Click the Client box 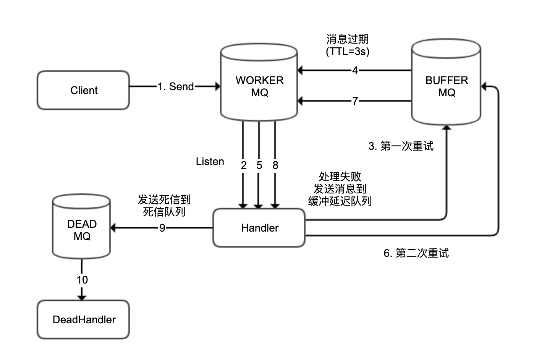[x=83, y=90]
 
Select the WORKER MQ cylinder [x=259, y=86]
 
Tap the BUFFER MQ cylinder [x=446, y=86]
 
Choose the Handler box [x=259, y=228]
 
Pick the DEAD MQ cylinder [x=82, y=230]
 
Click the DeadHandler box [x=84, y=319]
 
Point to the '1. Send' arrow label [x=176, y=87]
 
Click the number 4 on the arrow [x=355, y=71]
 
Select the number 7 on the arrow [x=355, y=101]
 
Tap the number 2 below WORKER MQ [x=244, y=165]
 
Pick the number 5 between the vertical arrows [x=259, y=165]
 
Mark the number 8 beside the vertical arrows [x=275, y=165]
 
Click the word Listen [x=210, y=162]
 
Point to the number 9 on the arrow [x=162, y=228]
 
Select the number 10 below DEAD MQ [x=82, y=280]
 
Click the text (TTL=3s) [x=348, y=51]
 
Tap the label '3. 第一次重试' [x=401, y=146]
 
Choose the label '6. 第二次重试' [x=416, y=253]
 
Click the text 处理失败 [x=340, y=177]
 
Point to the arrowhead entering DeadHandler [x=82, y=297]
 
